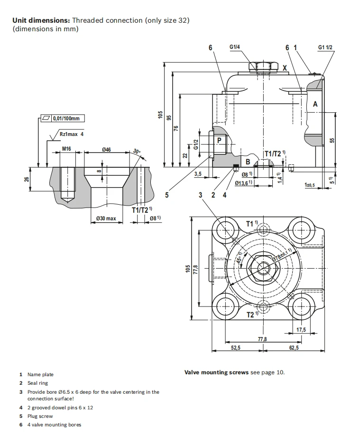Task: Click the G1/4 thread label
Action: pos(234,47)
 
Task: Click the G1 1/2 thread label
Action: pos(325,47)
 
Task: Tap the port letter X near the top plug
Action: pos(285,68)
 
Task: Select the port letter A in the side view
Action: pos(315,104)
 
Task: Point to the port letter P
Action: pos(219,140)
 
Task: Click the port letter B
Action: pos(248,162)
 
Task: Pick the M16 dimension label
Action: pos(66,149)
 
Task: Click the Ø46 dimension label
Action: pos(106,149)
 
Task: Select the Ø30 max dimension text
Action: pos(106,218)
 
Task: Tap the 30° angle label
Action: pos(137,152)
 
